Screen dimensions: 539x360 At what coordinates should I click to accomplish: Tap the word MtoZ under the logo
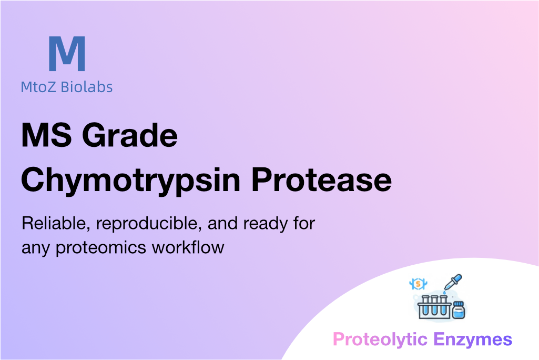click(38, 87)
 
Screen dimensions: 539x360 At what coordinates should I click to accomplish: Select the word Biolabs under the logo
click(87, 87)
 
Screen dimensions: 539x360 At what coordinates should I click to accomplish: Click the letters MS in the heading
click(47, 135)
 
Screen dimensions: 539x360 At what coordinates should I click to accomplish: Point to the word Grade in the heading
click(130, 135)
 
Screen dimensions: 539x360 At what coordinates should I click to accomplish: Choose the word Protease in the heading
click(321, 179)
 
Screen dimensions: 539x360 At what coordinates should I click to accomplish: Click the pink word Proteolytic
click(380, 339)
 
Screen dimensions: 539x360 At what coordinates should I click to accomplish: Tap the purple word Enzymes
click(473, 339)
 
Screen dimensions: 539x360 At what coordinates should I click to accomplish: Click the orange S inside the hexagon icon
click(418, 284)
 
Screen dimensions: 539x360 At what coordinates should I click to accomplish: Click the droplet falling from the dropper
click(444, 293)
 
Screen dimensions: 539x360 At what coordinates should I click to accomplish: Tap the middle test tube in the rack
click(434, 305)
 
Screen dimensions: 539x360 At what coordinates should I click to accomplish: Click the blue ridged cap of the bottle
click(459, 304)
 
